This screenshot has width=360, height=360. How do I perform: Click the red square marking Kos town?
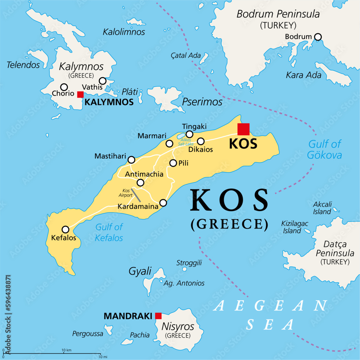[243, 129]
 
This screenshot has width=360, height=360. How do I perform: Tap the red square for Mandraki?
[158, 316]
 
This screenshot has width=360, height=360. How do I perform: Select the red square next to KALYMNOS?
[80, 94]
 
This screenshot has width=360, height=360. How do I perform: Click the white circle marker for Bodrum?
[318, 37]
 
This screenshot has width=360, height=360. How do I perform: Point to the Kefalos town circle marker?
[66, 229]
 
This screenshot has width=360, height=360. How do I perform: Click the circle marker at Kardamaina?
[163, 203]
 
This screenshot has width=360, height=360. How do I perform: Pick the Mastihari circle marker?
[131, 160]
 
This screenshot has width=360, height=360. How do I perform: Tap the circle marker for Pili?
[173, 163]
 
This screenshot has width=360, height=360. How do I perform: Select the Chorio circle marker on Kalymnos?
[64, 87]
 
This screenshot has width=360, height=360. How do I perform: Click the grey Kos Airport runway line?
[136, 194]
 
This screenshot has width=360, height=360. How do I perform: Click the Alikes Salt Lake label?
[185, 141]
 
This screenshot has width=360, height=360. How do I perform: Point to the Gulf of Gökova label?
[324, 149]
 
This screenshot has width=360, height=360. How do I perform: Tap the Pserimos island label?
[202, 102]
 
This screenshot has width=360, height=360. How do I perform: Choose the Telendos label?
[23, 65]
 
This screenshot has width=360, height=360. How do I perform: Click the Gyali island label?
[140, 271]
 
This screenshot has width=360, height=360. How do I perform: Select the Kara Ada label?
[298, 75]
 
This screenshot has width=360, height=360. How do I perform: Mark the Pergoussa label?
[87, 334]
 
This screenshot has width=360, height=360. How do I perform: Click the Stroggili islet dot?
[185, 269]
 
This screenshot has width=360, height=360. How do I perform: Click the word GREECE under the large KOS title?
[229, 224]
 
